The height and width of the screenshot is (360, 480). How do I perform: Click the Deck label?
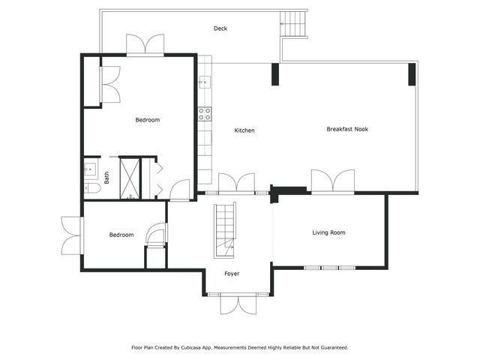coord(220,29)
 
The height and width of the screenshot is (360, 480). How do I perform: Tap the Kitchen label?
coord(244,130)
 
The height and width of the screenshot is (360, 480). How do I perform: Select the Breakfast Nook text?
coord(347,129)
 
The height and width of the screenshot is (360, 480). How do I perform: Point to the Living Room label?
coord(328,233)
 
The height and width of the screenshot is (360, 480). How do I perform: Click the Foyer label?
coord(232,274)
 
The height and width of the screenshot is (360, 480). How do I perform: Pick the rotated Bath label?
coord(106,178)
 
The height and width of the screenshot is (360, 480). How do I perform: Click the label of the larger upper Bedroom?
coord(147,120)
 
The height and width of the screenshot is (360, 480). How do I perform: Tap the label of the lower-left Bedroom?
coord(121,235)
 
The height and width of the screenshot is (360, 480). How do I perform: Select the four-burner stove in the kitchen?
coord(204,114)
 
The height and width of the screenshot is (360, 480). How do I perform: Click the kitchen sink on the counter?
coord(203,82)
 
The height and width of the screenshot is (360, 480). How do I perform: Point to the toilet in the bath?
coord(91,187)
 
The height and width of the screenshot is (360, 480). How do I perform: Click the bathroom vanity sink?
coord(89,167)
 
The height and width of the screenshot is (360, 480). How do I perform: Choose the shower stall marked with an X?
coord(130,178)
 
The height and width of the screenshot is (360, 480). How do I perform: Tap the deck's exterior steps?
coord(293,25)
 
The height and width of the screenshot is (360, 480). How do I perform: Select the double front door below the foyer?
coord(238,303)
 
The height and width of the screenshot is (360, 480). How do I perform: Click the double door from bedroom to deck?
coord(145,45)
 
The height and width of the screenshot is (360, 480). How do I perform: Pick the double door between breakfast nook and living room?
coord(332,182)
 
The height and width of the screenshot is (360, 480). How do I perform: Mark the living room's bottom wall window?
coord(331,268)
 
